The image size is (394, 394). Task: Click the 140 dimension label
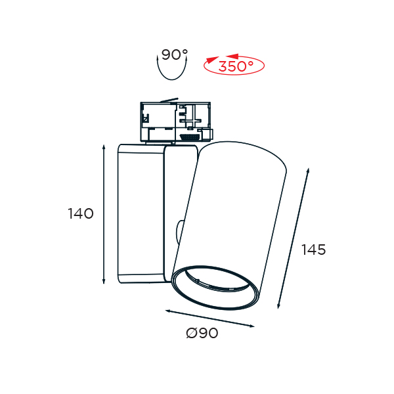click(x=81, y=213)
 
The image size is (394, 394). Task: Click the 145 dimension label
click(x=314, y=250)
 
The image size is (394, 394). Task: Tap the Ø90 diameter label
click(x=202, y=333)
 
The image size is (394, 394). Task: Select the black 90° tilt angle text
click(x=175, y=55)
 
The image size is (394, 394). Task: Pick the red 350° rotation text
click(x=236, y=66)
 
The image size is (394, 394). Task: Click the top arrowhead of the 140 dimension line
click(x=104, y=147)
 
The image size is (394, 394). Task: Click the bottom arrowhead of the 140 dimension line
click(x=104, y=281)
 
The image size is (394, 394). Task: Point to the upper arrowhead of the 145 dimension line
click(x=308, y=171)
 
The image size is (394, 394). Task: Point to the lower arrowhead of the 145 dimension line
click(x=278, y=305)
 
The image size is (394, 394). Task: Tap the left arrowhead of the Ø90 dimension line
click(x=168, y=311)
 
